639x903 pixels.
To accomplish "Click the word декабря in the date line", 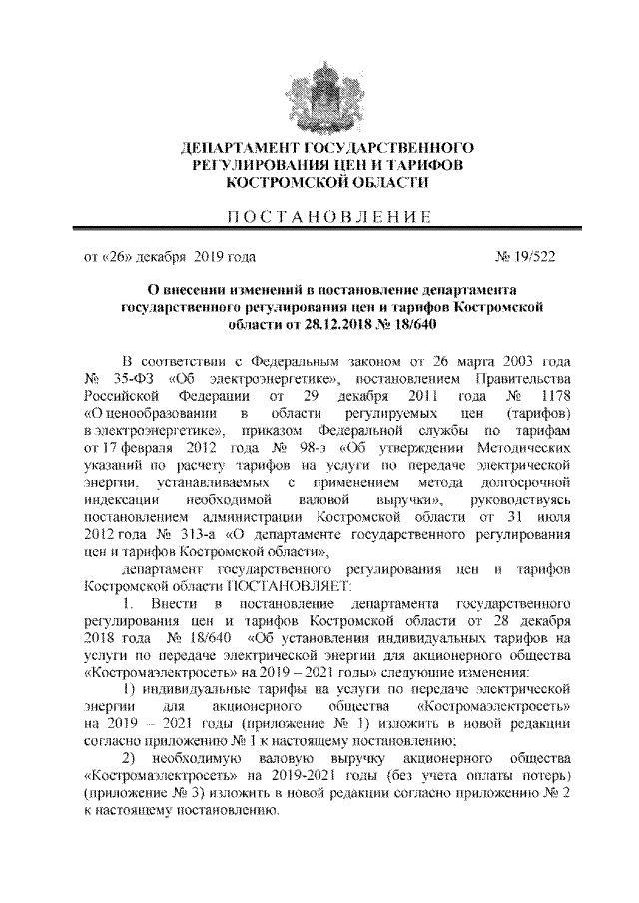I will [168, 256].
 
